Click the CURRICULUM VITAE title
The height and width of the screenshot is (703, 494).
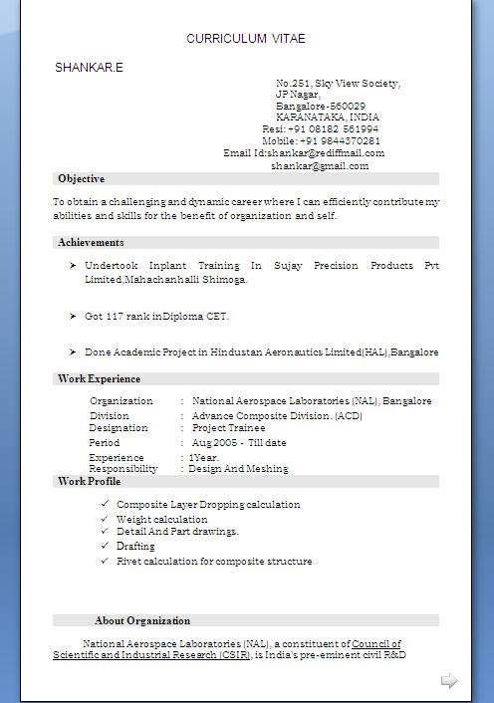(245, 39)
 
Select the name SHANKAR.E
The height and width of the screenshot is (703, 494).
(89, 68)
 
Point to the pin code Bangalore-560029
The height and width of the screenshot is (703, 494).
(320, 106)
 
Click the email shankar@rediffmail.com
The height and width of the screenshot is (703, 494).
(325, 153)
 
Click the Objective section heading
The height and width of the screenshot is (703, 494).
(81, 179)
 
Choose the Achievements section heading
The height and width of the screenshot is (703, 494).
(91, 243)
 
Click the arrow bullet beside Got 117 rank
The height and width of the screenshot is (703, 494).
(73, 316)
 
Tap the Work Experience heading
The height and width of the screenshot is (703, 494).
(99, 379)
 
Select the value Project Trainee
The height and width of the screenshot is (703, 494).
(228, 428)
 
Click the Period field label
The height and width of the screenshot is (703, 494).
(105, 443)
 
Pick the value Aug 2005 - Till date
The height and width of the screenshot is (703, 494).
(239, 443)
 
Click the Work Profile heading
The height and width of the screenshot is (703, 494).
(90, 482)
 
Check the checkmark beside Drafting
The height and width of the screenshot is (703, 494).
(105, 546)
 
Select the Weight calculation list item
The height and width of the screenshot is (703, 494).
(161, 519)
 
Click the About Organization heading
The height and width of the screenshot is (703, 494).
(142, 621)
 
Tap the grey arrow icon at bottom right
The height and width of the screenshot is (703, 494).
(449, 681)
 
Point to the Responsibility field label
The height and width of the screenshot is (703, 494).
(123, 469)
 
